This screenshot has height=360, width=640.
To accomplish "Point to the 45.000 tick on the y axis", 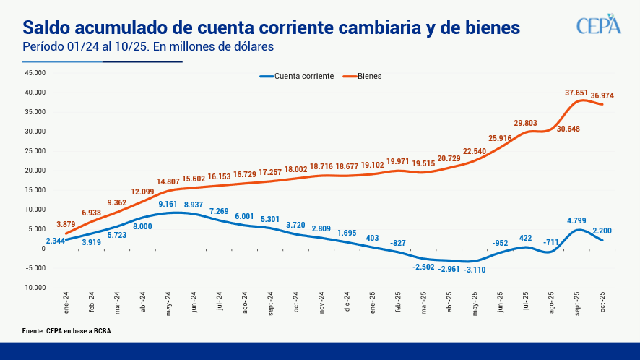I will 35,73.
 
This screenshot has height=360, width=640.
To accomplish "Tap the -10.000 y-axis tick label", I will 33,288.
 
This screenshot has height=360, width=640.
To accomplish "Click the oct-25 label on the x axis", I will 602,301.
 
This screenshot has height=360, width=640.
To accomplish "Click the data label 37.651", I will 577,93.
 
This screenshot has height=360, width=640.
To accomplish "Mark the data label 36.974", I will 602,95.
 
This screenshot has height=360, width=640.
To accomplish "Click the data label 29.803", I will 527,124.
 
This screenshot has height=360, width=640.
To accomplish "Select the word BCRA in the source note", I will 101,331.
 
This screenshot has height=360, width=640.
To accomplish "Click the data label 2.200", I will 602,231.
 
